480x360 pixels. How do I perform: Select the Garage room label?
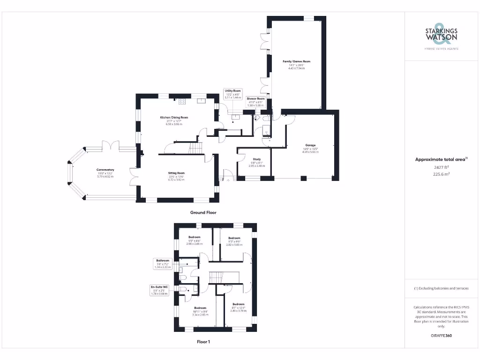click(x=310, y=149)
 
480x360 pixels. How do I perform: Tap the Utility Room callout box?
click(x=232, y=94)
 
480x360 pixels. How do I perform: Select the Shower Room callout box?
click(x=256, y=102)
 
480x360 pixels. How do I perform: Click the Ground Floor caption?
click(x=203, y=212)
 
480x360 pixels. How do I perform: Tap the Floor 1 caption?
click(x=203, y=342)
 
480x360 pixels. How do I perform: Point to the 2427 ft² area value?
click(x=441, y=167)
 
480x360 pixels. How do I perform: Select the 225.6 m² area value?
click(x=441, y=173)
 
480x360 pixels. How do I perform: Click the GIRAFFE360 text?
click(x=441, y=336)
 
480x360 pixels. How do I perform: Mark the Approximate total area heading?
click(x=441, y=159)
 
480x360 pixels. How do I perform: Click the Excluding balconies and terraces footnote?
click(x=441, y=288)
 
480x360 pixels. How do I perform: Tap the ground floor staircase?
click(x=195, y=149)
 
